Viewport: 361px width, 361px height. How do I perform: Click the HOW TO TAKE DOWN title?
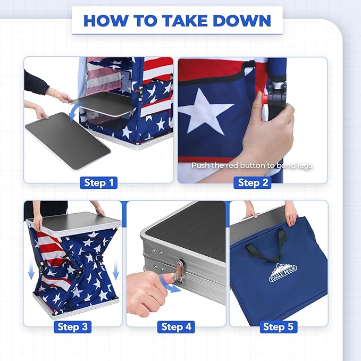coord(177,21)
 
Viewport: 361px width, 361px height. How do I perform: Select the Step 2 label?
coord(253,182)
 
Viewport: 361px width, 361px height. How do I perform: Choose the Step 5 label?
coord(278,326)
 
